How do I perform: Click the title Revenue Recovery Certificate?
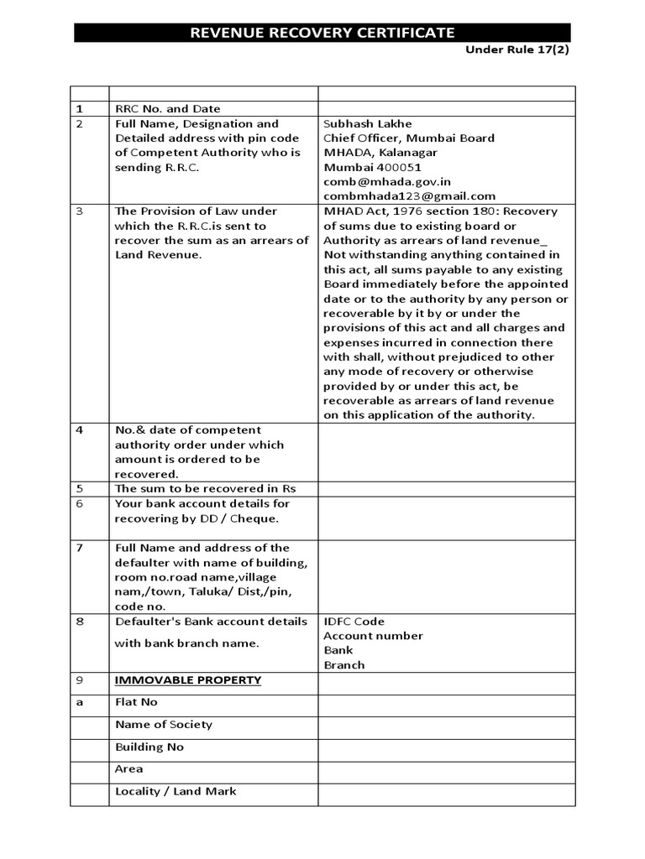[322, 33]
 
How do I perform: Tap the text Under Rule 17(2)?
[518, 49]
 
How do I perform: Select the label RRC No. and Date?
[167, 108]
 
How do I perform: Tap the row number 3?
[80, 211]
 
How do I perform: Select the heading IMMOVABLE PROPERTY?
[188, 679]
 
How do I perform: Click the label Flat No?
[136, 702]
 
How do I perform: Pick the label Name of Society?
[164, 724]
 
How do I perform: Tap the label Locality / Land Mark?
[176, 791]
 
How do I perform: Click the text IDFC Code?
[354, 622]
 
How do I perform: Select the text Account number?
[373, 636]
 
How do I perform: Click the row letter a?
[80, 702]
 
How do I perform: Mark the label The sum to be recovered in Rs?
[205, 488]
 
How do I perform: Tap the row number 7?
[80, 548]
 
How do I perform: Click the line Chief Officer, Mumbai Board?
[409, 138]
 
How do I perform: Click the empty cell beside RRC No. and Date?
[446, 108]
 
